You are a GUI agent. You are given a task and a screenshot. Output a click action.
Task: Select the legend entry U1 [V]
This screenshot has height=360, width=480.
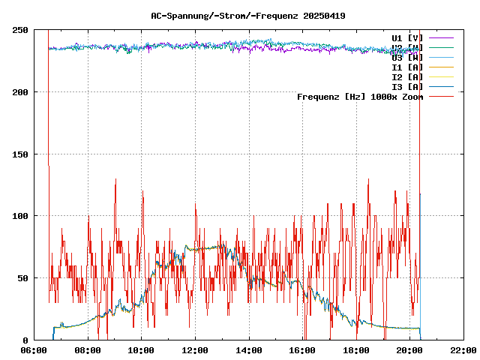407,37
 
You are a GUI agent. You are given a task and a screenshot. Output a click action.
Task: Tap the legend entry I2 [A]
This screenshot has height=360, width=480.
407,76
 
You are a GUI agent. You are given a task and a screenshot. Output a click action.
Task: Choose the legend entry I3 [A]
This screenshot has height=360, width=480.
407,86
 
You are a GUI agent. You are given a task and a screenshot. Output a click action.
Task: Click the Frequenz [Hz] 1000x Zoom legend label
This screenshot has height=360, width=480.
360,96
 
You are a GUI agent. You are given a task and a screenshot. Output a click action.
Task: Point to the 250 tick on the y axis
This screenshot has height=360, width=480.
20,30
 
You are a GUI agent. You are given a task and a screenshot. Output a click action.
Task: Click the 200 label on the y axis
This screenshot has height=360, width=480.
20,92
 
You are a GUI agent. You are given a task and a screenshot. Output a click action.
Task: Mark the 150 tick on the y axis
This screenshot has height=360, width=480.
20,154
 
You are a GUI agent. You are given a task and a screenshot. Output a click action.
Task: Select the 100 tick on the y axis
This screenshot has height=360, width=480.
20,216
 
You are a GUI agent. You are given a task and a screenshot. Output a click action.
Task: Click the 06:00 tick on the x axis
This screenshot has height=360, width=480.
34,350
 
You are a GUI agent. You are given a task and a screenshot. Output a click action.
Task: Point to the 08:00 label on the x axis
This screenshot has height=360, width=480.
88,350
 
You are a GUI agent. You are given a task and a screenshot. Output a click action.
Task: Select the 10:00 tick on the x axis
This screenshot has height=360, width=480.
142,350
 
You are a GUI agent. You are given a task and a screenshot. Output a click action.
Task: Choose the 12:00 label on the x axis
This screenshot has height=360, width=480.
195,350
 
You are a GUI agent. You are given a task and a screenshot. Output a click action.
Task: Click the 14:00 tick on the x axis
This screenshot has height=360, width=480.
249,350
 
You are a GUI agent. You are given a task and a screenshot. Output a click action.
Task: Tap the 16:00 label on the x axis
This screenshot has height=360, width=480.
302,350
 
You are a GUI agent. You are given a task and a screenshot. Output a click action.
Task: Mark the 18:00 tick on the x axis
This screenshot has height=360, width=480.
356,350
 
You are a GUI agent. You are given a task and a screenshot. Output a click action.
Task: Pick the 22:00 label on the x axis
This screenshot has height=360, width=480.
463,350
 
